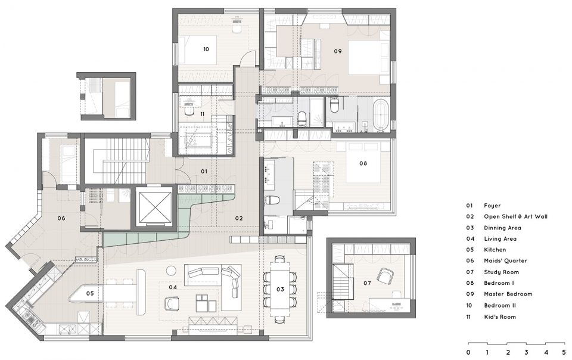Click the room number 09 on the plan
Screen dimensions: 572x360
(338, 51)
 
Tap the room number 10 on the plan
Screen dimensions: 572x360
(206, 49)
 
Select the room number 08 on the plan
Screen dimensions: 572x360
(363, 163)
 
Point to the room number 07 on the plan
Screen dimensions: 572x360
(367, 283)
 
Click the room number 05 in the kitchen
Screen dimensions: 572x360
(90, 293)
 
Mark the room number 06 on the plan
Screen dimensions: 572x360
(61, 219)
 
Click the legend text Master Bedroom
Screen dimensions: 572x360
(508, 294)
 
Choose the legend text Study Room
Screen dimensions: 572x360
(501, 272)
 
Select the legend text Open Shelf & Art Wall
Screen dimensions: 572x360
(515, 217)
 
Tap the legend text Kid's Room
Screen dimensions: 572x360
(500, 317)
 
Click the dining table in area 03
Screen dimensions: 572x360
(280, 289)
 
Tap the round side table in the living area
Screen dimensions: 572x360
(171, 271)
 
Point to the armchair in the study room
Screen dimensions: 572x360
(386, 275)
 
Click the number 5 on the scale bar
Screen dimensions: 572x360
(564, 353)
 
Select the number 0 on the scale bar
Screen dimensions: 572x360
(468, 353)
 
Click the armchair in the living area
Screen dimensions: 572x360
(172, 303)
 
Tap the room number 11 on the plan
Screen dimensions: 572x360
(202, 114)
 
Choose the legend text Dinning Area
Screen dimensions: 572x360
(502, 228)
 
